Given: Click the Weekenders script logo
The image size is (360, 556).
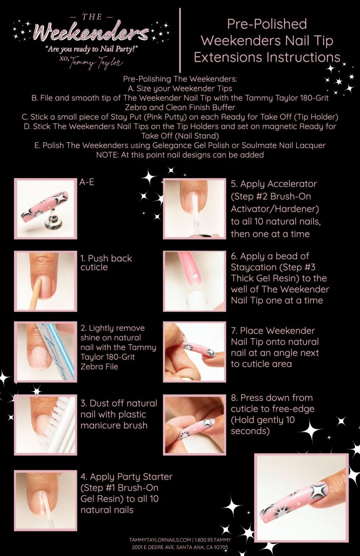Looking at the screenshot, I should [x=88, y=33].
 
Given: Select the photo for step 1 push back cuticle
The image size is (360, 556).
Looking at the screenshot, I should [x=45, y=281].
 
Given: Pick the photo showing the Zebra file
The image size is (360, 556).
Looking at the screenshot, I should [x=45, y=351].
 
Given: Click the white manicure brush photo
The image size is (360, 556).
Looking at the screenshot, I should [x=45, y=424].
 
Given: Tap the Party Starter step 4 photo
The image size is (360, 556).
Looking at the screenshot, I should [x=45, y=500].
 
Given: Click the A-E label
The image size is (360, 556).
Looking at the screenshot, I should [x=87, y=182].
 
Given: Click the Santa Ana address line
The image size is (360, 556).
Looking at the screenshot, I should [x=180, y=547].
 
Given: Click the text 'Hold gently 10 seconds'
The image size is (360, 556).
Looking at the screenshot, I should [x=262, y=425].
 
